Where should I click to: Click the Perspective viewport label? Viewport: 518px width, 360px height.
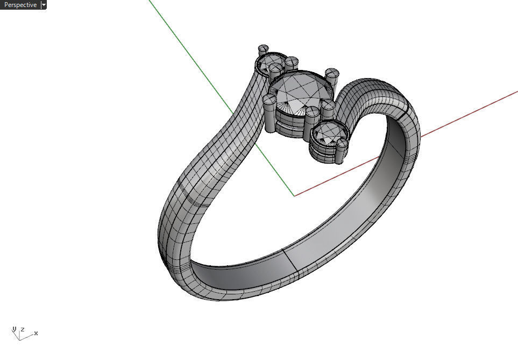(x=20, y=5)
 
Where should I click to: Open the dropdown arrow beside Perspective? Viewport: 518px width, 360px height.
(x=44, y=5)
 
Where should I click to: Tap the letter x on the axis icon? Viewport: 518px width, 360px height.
(x=36, y=334)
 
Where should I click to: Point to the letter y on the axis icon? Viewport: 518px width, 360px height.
(x=15, y=329)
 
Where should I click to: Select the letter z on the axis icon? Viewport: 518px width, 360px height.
(x=23, y=329)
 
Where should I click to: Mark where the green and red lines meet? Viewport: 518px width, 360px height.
(x=294, y=196)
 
